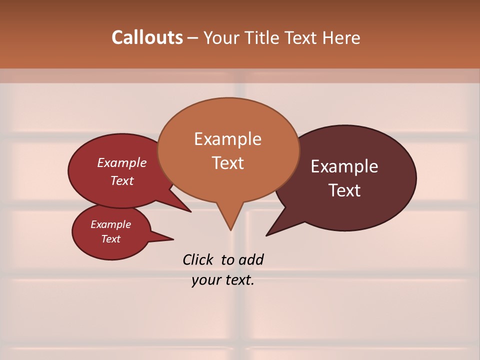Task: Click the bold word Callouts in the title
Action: (x=147, y=37)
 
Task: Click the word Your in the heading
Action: (x=221, y=37)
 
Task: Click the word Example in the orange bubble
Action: (x=228, y=139)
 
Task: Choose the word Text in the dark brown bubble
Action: (x=345, y=190)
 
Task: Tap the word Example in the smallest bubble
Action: (x=110, y=224)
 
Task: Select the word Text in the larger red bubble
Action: (x=122, y=180)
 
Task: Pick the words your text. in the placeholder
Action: (x=223, y=280)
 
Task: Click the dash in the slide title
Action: (x=193, y=37)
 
